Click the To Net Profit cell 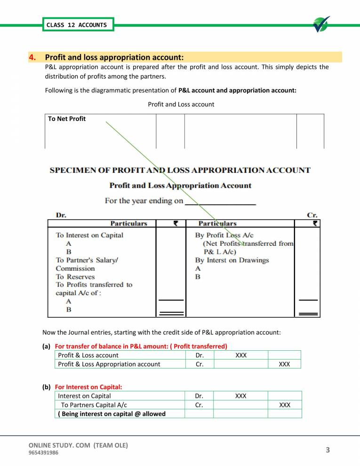[x=67, y=119]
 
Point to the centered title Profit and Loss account [x=181, y=104]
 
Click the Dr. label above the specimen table [x=61, y=215]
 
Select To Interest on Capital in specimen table [x=89, y=235]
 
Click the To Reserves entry [x=75, y=277]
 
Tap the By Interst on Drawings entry [x=232, y=260]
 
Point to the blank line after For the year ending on [x=221, y=201]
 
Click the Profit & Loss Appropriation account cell [x=109, y=364]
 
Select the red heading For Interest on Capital [x=88, y=387]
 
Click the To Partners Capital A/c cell [x=92, y=405]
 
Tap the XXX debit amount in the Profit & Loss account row [x=240, y=355]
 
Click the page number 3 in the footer [x=328, y=450]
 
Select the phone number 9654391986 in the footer [x=44, y=453]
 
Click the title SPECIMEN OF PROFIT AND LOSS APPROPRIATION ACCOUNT [x=180, y=170]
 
